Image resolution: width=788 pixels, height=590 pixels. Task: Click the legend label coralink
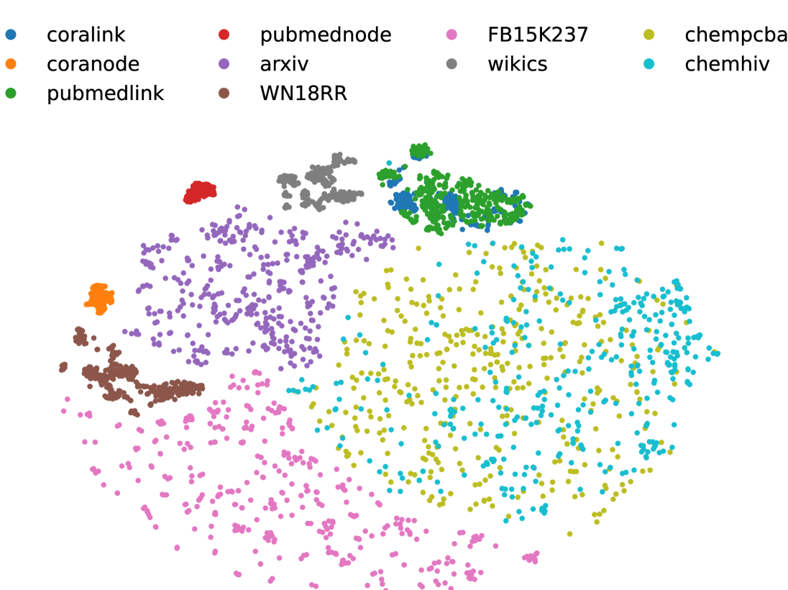pyautogui.click(x=86, y=34)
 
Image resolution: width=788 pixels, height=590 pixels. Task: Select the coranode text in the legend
pyautogui.click(x=93, y=63)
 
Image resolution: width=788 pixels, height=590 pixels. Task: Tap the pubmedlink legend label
pyautogui.click(x=105, y=93)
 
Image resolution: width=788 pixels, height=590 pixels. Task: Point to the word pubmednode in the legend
pyautogui.click(x=326, y=34)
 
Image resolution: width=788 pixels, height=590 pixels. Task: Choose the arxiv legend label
pyautogui.click(x=284, y=63)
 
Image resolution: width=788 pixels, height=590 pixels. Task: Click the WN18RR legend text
pyautogui.click(x=303, y=93)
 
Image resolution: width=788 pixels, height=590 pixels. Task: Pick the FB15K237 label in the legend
pyautogui.click(x=538, y=34)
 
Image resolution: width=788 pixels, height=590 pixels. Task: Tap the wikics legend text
pyautogui.click(x=517, y=63)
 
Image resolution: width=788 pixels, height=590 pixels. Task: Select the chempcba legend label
pyautogui.click(x=736, y=34)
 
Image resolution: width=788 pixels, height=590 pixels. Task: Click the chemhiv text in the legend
pyautogui.click(x=727, y=63)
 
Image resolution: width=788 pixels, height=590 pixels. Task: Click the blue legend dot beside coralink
pyautogui.click(x=11, y=34)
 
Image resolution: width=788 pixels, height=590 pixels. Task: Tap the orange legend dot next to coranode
pyautogui.click(x=11, y=63)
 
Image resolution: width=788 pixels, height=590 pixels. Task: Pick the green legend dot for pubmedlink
pyautogui.click(x=11, y=93)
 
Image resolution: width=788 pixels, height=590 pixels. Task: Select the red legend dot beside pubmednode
pyautogui.click(x=224, y=34)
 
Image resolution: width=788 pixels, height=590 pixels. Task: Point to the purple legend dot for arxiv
pyautogui.click(x=224, y=63)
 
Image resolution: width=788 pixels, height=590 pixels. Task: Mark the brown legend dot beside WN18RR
pyautogui.click(x=224, y=93)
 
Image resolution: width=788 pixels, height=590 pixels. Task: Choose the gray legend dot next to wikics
pyautogui.click(x=452, y=63)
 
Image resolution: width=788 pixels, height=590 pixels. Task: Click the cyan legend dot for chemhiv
pyautogui.click(x=649, y=63)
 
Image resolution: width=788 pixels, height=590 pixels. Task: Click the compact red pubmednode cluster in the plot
pyautogui.click(x=200, y=192)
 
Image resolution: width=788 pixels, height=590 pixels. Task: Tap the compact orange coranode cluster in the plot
pyautogui.click(x=100, y=298)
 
